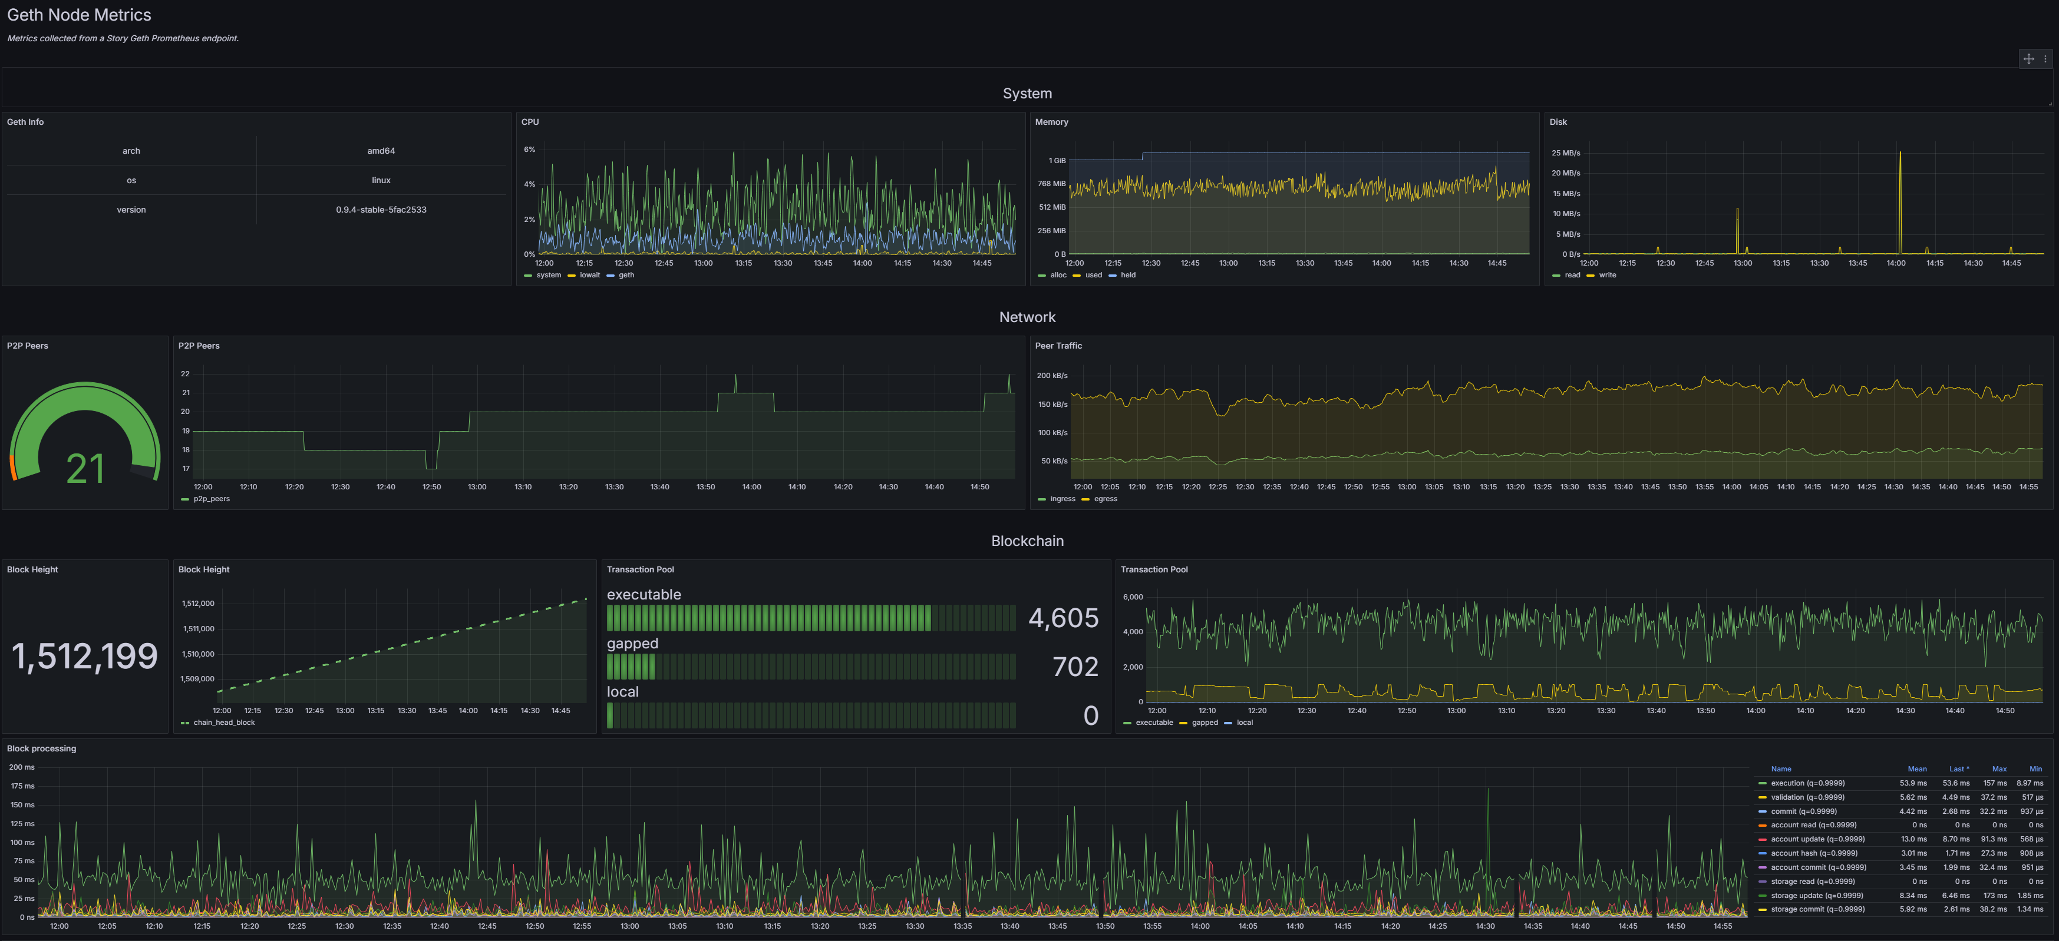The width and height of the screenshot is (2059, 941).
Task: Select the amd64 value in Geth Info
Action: [381, 151]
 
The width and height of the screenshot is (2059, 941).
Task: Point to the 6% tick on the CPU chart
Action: [529, 150]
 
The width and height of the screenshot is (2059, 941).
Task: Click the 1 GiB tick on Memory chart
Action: [1057, 161]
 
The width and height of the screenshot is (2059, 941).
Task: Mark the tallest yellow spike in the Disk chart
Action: [1900, 152]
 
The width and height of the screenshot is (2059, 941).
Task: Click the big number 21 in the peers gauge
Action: [85, 469]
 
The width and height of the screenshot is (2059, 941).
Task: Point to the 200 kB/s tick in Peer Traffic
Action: [1052, 376]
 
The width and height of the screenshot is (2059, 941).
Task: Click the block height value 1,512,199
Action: [85, 657]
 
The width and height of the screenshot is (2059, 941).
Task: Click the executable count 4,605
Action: [1063, 618]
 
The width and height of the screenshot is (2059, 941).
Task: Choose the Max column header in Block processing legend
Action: [1999, 769]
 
